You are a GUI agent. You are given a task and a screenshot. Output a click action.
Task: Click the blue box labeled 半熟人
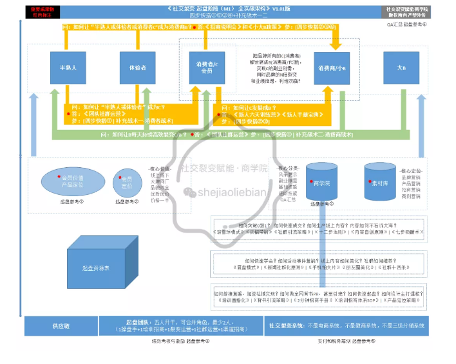[x=68, y=68]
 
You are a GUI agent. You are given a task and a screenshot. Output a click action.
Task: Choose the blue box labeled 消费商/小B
[x=332, y=68]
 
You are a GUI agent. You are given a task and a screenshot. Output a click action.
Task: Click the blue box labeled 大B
[x=403, y=68]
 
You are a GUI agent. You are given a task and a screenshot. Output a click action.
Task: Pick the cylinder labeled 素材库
[x=380, y=182]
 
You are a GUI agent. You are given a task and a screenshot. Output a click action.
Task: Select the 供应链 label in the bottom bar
[x=60, y=326]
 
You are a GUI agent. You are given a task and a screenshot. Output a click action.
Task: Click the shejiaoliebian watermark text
[x=231, y=191]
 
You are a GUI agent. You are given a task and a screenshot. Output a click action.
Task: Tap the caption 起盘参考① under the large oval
[x=71, y=203]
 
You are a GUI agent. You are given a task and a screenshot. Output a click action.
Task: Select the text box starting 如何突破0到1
[x=319, y=230]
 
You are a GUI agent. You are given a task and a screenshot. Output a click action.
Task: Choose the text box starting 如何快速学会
[x=319, y=261]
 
